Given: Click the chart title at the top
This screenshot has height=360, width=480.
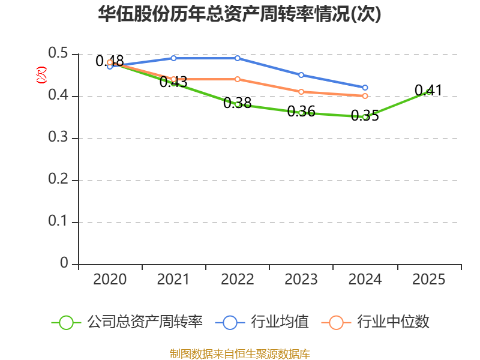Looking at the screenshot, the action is pos(239,14).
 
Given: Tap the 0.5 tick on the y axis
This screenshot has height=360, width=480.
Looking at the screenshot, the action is pos(58,53).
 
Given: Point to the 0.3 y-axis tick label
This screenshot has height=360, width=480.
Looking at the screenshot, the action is pos(58,137).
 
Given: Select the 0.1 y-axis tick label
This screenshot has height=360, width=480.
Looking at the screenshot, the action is pos(58,221).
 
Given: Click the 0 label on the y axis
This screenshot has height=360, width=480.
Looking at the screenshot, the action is pos(64,263).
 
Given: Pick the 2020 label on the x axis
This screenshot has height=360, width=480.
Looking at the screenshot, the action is pos(110,280).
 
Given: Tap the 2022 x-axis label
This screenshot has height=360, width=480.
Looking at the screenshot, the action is pos(238,280).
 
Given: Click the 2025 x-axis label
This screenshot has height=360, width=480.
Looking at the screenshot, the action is pos(429,280).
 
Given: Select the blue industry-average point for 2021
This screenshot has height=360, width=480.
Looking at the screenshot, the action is pos(173,58).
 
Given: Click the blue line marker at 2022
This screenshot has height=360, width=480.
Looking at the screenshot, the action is pos(238,58).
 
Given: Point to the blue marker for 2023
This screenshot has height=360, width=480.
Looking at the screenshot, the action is pos(301,75).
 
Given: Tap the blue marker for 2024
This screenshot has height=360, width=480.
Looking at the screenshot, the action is pos(365,88).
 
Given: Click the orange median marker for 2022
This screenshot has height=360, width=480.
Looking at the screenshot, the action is pos(238,79).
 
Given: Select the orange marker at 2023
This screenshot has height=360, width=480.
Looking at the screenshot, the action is pos(301,92).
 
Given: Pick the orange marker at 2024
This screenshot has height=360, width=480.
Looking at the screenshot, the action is pos(365,96).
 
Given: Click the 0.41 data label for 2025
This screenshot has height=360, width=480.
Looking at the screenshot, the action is pos(428,91).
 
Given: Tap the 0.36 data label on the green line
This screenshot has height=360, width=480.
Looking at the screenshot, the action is pos(301,112).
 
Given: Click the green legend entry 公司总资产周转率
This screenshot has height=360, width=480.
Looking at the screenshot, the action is pos(127,322).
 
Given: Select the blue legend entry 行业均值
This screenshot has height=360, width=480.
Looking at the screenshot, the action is pos(262,322).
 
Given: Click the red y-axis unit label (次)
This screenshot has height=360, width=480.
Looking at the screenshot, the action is pos(41,75).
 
